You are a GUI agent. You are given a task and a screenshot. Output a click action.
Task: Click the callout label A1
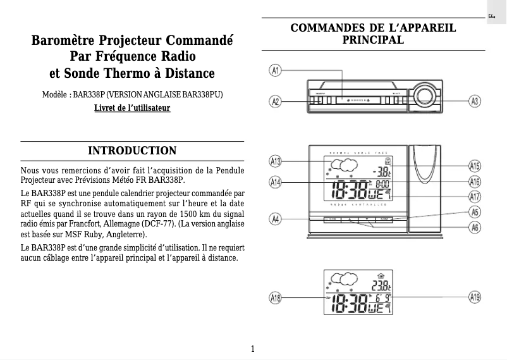point(276,70)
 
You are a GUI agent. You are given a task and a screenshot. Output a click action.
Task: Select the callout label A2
point(276,101)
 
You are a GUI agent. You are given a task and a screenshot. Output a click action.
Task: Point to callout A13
point(276,161)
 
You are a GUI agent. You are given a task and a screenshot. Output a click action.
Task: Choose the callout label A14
point(276,183)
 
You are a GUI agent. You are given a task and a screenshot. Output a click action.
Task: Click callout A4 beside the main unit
point(276,219)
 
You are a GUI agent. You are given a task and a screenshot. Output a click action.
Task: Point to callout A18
point(276,297)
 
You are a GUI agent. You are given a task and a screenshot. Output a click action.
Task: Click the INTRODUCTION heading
point(132,151)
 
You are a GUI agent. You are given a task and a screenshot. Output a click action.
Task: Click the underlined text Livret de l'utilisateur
point(132,108)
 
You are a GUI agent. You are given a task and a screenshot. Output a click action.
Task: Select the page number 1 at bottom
point(253,349)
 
